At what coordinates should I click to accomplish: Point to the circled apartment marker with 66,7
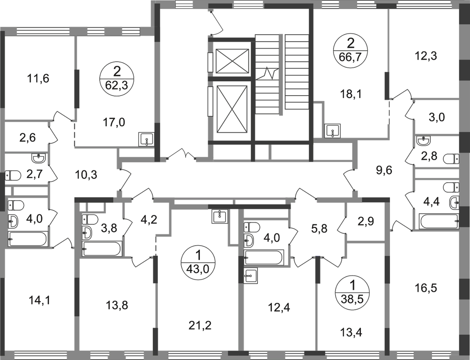[x=350, y=49]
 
